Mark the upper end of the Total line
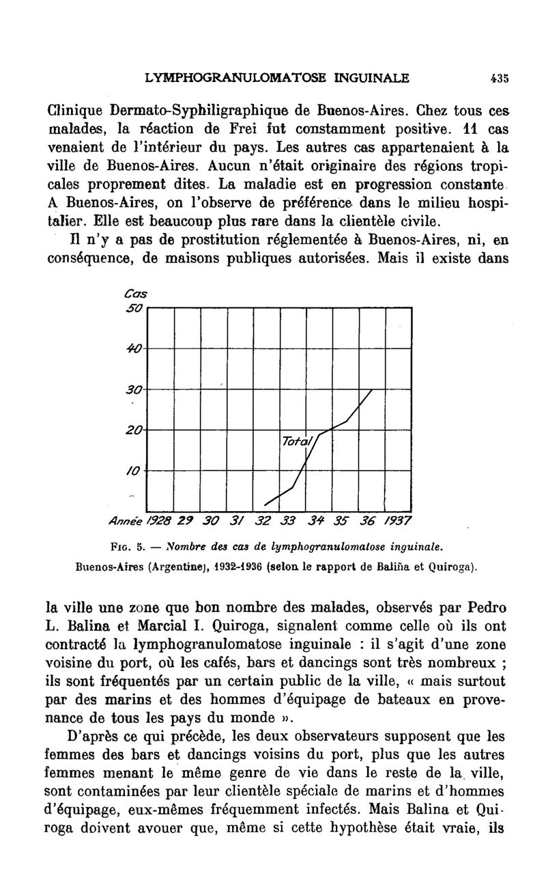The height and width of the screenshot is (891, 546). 373,389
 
